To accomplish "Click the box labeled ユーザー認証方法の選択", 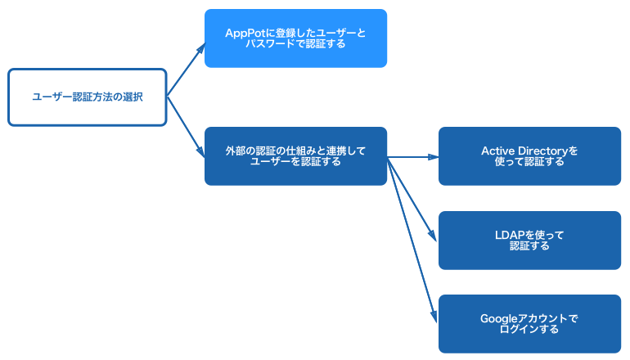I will point(87,97).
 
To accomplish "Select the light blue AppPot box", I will point(295,38).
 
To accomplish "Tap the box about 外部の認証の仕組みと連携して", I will point(295,155).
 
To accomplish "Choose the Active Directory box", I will point(529,155).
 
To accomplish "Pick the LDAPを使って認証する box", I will point(529,240).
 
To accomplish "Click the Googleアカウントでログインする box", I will point(529,323).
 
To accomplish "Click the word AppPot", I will point(245,32).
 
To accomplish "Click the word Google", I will point(497,318).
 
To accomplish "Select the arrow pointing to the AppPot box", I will point(187,70).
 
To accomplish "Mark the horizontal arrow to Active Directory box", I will point(413,156).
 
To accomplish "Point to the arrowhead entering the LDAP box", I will point(433,235).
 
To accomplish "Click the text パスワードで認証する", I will point(295,44).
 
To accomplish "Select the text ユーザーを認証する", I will point(295,162).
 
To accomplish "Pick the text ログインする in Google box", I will point(529,329).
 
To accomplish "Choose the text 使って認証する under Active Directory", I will point(529,162).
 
